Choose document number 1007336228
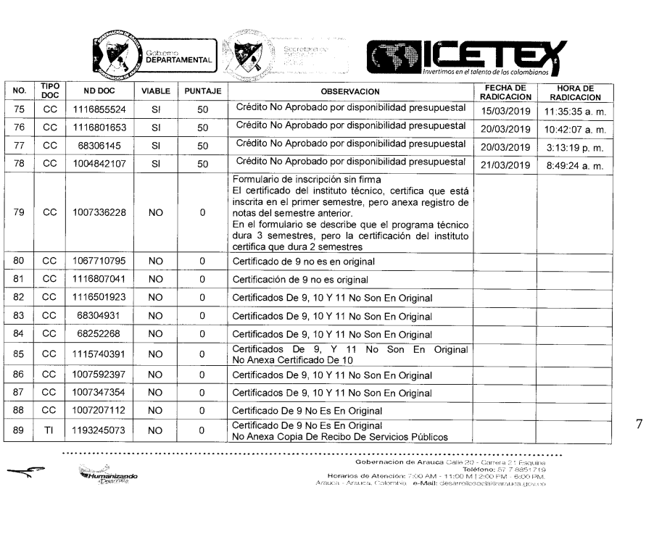click(x=103, y=214)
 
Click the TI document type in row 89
click(x=50, y=432)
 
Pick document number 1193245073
click(x=103, y=432)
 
